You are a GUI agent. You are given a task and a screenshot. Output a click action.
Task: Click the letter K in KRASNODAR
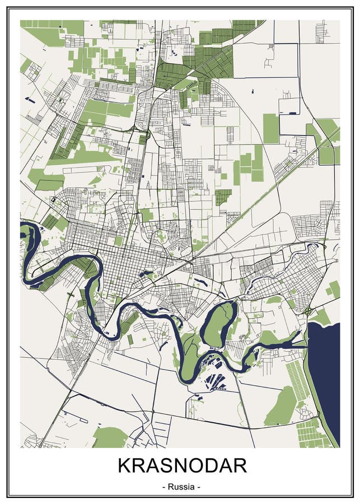(x=124, y=466)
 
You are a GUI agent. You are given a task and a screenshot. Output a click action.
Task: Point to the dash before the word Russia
(x=164, y=487)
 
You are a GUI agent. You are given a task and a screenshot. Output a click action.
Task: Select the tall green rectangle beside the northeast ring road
(x=270, y=128)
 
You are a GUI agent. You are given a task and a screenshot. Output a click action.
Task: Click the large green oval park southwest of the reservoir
(x=282, y=406)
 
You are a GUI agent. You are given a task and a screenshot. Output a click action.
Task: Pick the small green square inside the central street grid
(x=119, y=241)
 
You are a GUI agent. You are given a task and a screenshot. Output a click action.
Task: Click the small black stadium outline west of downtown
(x=54, y=199)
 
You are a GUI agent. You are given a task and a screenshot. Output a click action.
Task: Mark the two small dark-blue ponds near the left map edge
(x=29, y=100)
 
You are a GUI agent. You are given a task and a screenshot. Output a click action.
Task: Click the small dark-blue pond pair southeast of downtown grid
(x=147, y=274)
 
